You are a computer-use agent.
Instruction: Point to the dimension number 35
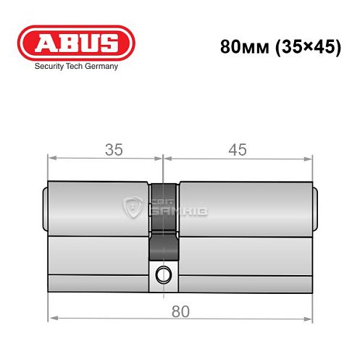tap(112, 150)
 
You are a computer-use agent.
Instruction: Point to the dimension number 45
tap(237, 150)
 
